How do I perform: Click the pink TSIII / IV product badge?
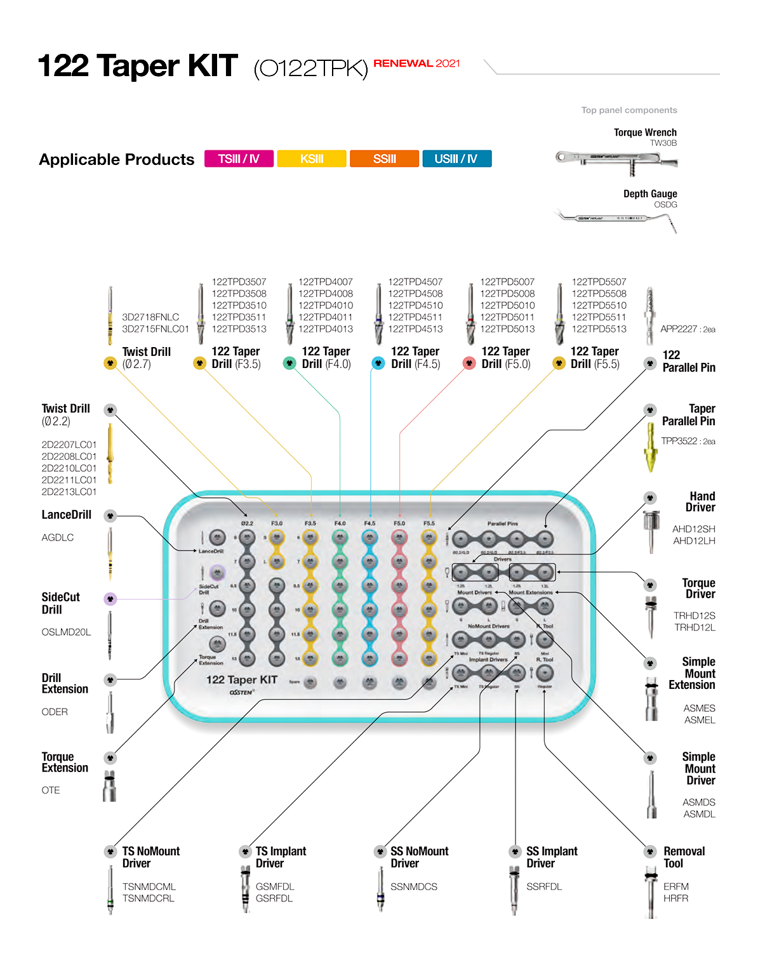click(239, 159)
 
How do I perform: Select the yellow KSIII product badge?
click(312, 159)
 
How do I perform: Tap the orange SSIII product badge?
click(384, 159)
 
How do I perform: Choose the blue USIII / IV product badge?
click(456, 159)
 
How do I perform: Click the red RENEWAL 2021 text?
click(416, 63)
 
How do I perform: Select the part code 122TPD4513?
click(415, 329)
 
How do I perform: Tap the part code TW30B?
click(663, 143)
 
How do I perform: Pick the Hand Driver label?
click(701, 502)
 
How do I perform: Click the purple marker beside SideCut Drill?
click(110, 599)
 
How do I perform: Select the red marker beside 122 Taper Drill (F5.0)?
click(469, 364)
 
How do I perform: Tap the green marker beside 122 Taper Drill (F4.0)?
click(289, 364)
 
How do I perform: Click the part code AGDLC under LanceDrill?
click(58, 537)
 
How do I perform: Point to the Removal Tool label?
click(684, 857)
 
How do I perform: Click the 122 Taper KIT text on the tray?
click(242, 679)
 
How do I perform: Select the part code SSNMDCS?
click(414, 887)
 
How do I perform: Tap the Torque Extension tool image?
click(110, 787)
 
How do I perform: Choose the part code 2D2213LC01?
click(69, 492)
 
